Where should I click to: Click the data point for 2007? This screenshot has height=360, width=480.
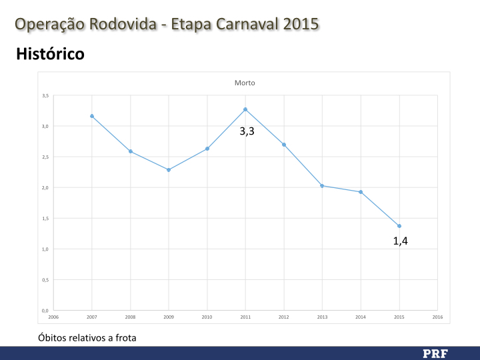pos(92,116)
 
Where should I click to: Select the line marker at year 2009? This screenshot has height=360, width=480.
pos(169,170)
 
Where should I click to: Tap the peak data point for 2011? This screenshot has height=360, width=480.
pos(245,109)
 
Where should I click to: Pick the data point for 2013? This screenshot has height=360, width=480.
pos(322,185)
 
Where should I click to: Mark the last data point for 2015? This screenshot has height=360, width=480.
pos(399,226)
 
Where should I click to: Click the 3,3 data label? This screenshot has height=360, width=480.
pos(247,132)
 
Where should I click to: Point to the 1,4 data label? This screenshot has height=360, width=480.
pos(400,241)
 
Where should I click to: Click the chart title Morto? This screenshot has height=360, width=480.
pos(245,83)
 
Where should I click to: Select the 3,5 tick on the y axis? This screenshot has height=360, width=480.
pos(45,95)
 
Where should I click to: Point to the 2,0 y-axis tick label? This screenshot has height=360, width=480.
pos(45,187)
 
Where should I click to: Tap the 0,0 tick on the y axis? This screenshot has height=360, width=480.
pos(45,311)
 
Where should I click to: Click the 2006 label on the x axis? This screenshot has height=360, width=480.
pos(53,317)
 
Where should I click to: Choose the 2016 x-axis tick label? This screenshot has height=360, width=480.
pos(437,317)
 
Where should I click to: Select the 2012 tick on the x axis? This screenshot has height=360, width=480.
pos(284,317)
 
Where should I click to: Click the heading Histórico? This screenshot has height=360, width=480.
pos(50,53)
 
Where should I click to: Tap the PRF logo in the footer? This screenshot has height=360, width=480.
pos(435,353)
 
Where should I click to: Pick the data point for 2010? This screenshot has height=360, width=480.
pos(207,149)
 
